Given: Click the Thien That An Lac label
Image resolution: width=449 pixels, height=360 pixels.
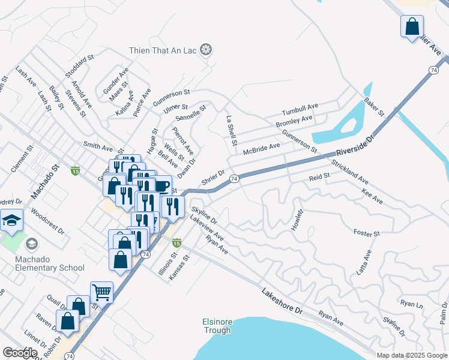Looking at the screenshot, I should pyautogui.click(x=163, y=50).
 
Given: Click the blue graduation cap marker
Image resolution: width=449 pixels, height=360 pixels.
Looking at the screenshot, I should pyautogui.click(x=11, y=221).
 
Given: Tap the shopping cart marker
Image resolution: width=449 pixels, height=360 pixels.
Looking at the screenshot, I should pyautogui.click(x=101, y=293).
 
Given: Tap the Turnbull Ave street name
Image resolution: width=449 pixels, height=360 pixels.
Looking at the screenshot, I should pyautogui.click(x=300, y=110).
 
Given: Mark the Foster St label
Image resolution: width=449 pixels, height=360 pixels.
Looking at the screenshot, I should pyautogui.click(x=367, y=233).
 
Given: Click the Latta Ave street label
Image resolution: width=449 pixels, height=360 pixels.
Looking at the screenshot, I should pyautogui.click(x=364, y=263).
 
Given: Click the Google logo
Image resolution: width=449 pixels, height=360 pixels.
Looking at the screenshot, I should pyautogui.click(x=20, y=353).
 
